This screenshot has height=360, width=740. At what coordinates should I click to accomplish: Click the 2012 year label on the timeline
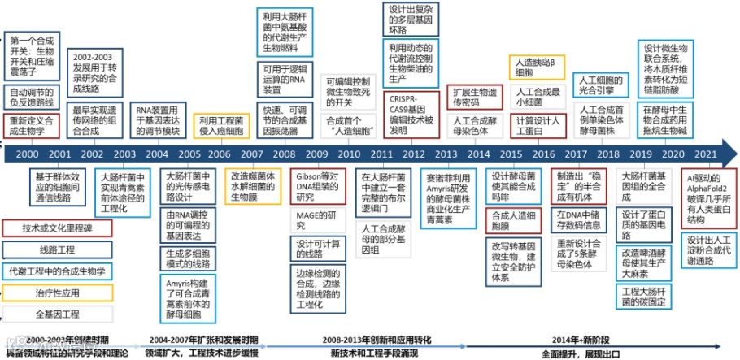414,154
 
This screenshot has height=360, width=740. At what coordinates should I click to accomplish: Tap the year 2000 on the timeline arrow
27,154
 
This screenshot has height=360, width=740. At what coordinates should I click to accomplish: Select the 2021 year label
706,154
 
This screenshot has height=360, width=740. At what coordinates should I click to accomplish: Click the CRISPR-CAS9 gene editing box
412,113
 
